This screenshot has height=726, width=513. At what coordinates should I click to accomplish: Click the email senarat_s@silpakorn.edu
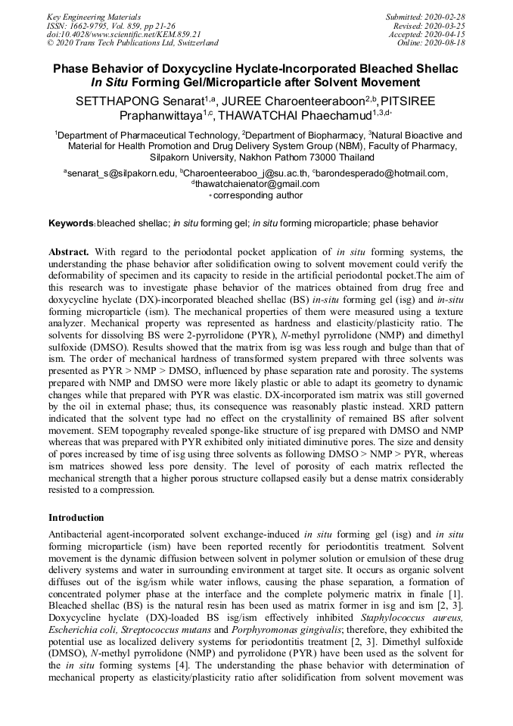click(x=121, y=173)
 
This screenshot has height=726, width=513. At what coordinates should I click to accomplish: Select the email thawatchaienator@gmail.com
click(x=256, y=184)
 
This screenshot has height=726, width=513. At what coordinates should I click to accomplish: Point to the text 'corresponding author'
click(x=257, y=195)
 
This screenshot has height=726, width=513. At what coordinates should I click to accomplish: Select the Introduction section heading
click(x=76, y=518)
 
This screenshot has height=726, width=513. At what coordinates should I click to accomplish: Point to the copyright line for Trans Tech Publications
click(x=132, y=43)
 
